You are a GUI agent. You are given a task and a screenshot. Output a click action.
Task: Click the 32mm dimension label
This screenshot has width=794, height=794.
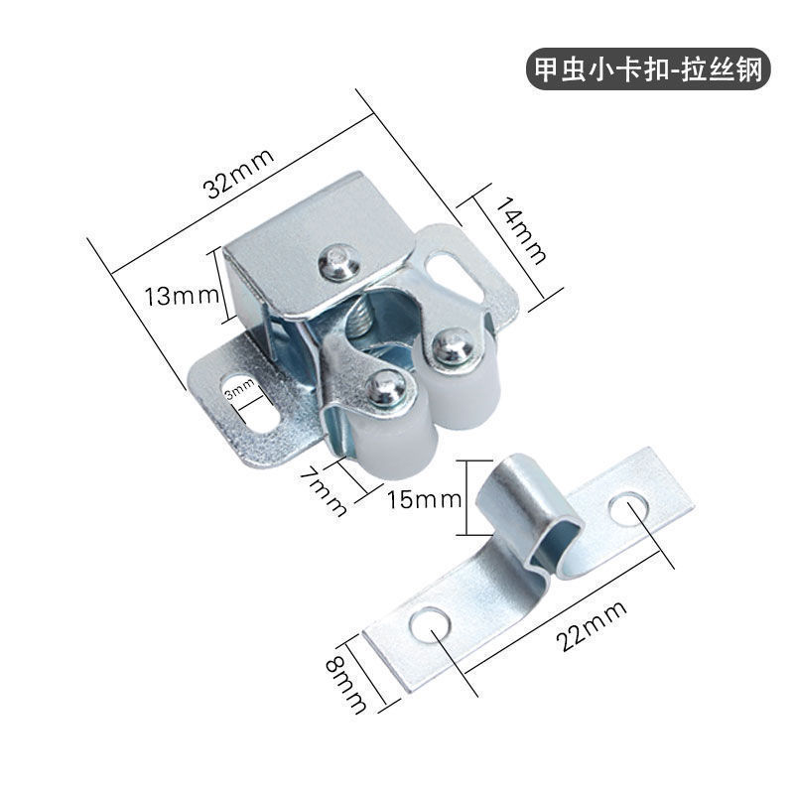click(x=238, y=174)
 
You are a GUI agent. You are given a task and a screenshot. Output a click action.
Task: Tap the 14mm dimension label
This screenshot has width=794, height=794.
click(x=521, y=231)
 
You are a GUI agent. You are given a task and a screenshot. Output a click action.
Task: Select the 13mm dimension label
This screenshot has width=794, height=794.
click(x=182, y=296)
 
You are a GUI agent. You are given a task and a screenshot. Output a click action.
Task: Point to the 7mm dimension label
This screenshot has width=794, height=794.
click(x=324, y=491)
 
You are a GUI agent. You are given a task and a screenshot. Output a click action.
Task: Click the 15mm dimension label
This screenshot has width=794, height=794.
click(x=425, y=500)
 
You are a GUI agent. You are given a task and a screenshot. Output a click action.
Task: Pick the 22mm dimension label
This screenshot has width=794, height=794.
click(x=591, y=626)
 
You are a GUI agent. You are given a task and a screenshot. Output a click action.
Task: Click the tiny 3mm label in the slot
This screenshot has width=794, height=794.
click(x=240, y=389)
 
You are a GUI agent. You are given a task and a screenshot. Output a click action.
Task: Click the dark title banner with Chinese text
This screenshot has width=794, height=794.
click(x=648, y=68)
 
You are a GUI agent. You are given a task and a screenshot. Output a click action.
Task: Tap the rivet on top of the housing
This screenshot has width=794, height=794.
click(x=339, y=262)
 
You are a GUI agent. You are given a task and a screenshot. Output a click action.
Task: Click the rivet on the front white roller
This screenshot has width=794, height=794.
click(x=386, y=387)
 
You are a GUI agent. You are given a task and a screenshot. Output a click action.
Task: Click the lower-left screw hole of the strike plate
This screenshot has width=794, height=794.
click(x=430, y=625)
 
